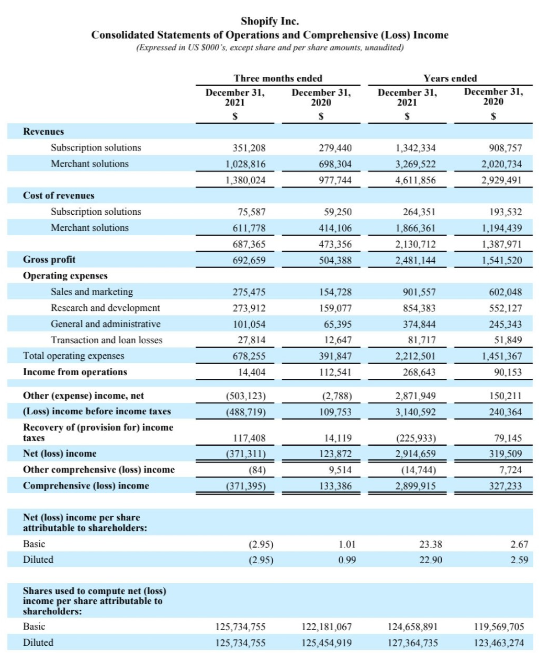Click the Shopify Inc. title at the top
(269, 21)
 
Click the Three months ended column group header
(278, 78)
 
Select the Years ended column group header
(450, 78)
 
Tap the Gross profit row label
(49, 260)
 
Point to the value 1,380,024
(245, 180)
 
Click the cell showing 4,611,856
(416, 180)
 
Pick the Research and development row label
(105, 308)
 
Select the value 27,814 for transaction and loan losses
(251, 340)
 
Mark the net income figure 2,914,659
(416, 454)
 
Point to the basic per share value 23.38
(430, 544)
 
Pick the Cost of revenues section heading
(59, 195)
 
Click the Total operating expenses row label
(74, 356)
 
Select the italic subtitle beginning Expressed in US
(269, 48)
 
